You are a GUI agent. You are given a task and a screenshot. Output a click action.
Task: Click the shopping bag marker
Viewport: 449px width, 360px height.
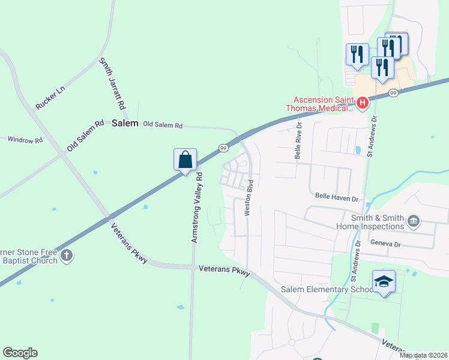pos(185,160)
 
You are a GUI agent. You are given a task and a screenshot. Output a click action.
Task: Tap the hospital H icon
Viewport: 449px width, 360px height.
pos(362,103)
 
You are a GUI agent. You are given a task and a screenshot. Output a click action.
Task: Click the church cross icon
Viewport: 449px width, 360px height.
pos(67,256)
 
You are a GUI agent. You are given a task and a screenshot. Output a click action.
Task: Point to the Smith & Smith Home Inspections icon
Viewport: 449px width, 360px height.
pos(413,222)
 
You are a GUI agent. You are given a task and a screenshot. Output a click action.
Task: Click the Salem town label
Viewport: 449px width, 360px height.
pos(125,123)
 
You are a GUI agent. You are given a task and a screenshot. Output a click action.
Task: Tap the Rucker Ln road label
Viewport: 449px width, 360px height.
pos(50,97)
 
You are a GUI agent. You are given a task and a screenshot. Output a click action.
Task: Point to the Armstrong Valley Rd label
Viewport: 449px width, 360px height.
pos(197,208)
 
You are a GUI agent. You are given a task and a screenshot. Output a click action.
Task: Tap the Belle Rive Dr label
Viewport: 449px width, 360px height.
pos(298,140)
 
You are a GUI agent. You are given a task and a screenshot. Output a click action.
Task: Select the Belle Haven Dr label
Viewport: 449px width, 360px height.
pos(336,197)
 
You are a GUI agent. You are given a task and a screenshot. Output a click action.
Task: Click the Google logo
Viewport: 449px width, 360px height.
pos(20,353)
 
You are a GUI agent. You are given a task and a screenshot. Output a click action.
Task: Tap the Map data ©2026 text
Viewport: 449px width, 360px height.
pos(423,355)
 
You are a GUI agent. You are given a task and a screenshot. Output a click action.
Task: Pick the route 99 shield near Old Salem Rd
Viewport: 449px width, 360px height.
pos(223,148)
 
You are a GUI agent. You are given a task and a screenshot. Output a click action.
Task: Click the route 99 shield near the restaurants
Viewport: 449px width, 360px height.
pos(393,93)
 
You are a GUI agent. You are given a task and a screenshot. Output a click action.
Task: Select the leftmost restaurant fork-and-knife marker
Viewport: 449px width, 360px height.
pos(357,54)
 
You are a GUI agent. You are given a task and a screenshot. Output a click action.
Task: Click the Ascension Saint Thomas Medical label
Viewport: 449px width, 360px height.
pos(324,104)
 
